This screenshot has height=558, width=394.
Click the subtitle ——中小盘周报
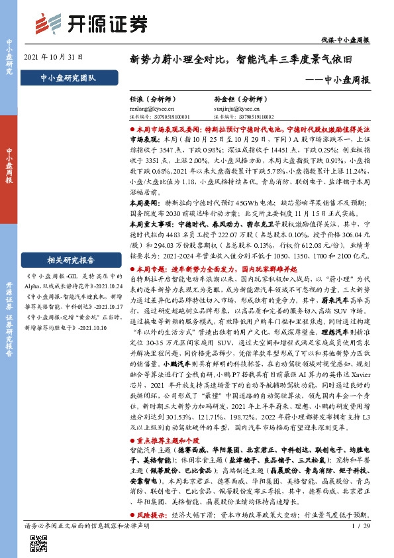338,80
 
